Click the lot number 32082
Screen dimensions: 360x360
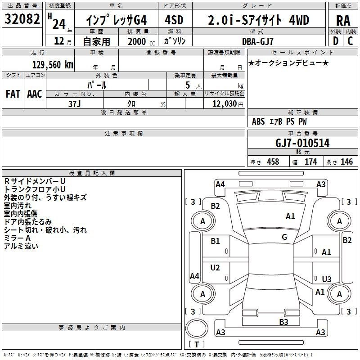click(22, 19)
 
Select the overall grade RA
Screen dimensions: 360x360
click(343, 21)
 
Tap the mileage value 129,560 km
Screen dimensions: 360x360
click(53, 65)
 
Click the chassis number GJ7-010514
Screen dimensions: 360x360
click(302, 143)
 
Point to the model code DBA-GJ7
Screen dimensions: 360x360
click(257, 41)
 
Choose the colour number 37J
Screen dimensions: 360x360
click(74, 104)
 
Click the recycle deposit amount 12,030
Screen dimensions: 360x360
click(224, 104)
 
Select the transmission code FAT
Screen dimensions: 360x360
click(13, 94)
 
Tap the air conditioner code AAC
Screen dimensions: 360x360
click(35, 94)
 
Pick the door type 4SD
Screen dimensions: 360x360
click(174, 20)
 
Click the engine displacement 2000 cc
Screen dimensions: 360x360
click(141, 41)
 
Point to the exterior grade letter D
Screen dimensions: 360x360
click(335, 41)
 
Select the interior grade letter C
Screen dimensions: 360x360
click(350, 41)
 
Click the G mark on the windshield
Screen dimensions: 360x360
click(284, 237)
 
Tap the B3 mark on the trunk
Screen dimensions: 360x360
click(283, 322)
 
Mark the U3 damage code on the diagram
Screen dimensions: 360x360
click(327, 279)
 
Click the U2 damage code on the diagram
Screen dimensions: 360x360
click(215, 267)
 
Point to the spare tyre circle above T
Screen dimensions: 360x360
click(197, 328)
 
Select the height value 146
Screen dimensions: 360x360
click(346, 162)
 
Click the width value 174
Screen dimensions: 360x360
click(310, 162)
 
